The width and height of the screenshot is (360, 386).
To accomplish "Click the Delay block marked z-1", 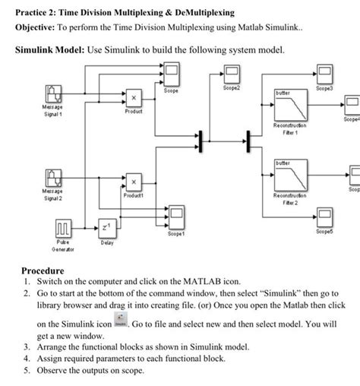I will (106, 229).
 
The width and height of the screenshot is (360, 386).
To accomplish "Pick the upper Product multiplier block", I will (133, 98).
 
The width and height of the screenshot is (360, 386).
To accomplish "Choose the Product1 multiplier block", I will (133, 182).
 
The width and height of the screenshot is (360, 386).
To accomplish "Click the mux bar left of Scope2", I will (201, 141).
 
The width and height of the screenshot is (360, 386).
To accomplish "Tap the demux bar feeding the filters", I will (247, 141).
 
